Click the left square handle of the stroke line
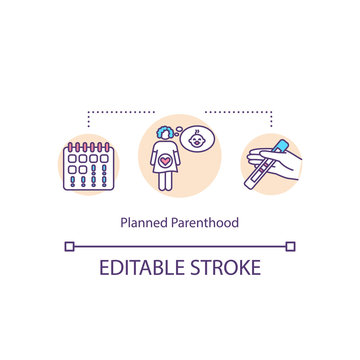69,245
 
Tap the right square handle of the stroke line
291,245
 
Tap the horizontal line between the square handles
180,245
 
